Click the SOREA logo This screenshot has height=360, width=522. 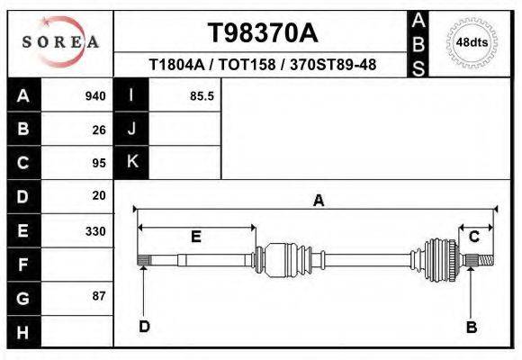tap(59, 42)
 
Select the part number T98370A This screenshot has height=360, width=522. tap(263, 33)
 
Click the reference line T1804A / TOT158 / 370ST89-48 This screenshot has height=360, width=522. tap(262, 66)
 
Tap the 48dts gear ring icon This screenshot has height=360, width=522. tap(472, 42)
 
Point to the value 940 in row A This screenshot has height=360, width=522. tap(94, 96)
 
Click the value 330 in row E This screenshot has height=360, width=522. tap(94, 231)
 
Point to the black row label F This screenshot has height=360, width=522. tap(23, 265)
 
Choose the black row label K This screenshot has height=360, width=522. tap(131, 162)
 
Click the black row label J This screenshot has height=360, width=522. tap(131, 130)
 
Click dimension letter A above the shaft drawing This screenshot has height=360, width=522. tap(318, 202)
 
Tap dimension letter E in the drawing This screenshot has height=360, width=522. tap(195, 237)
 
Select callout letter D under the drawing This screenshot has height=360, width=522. tap(144, 327)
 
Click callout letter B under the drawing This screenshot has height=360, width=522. tap(471, 328)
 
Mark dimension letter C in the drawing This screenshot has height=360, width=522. tap(473, 237)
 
